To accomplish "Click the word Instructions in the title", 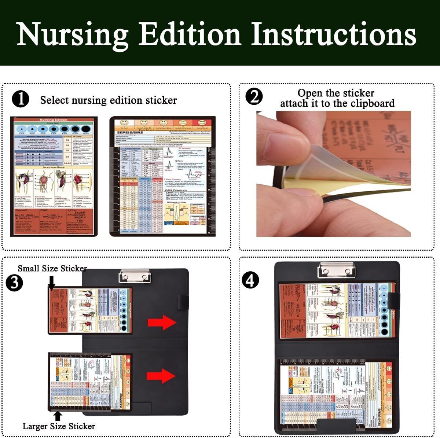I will point(334,34).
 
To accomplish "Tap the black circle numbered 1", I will point(21,99).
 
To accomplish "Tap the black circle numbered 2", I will point(254,97).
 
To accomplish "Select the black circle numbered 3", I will point(14,283).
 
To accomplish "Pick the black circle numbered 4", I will point(250,280).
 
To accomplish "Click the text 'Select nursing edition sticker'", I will point(108,100).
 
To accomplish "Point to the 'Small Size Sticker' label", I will point(52,268).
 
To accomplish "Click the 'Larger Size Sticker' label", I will point(59,426).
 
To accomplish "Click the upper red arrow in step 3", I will point(162,323).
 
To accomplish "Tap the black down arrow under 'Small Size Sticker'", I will point(52,283).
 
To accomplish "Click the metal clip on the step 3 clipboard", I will point(135,276).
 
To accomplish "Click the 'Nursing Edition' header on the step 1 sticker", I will point(54,120).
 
